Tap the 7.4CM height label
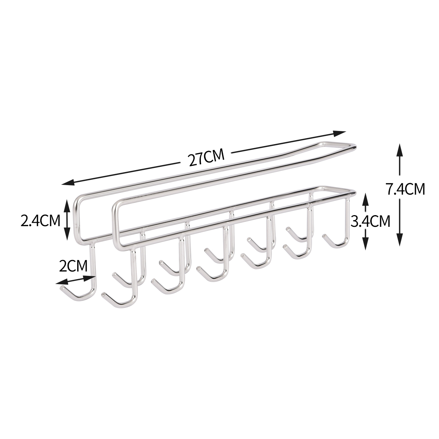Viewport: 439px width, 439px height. click(x=405, y=189)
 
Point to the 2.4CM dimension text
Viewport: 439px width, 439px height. click(x=40, y=221)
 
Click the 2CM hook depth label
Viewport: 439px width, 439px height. click(x=73, y=266)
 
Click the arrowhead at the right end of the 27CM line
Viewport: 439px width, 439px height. click(x=339, y=133)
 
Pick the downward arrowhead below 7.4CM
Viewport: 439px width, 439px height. click(x=399, y=239)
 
